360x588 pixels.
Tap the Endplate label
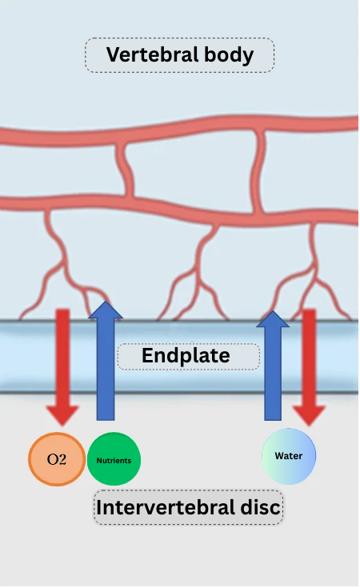[186, 355]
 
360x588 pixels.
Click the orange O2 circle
[57, 459]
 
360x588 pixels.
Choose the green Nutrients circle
[114, 459]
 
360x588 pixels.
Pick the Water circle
[289, 456]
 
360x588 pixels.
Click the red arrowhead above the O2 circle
[62, 415]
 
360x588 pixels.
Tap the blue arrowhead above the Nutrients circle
[106, 310]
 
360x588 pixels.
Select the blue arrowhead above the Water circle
[273, 319]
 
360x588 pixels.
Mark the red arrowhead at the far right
[309, 415]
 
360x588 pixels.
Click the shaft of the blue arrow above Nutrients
[106, 370]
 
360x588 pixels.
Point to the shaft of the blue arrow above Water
[273, 374]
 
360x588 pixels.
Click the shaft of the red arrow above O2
[62, 358]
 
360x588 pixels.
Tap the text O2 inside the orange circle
[57, 459]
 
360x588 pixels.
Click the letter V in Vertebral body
[114, 54]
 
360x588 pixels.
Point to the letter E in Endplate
[147, 355]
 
